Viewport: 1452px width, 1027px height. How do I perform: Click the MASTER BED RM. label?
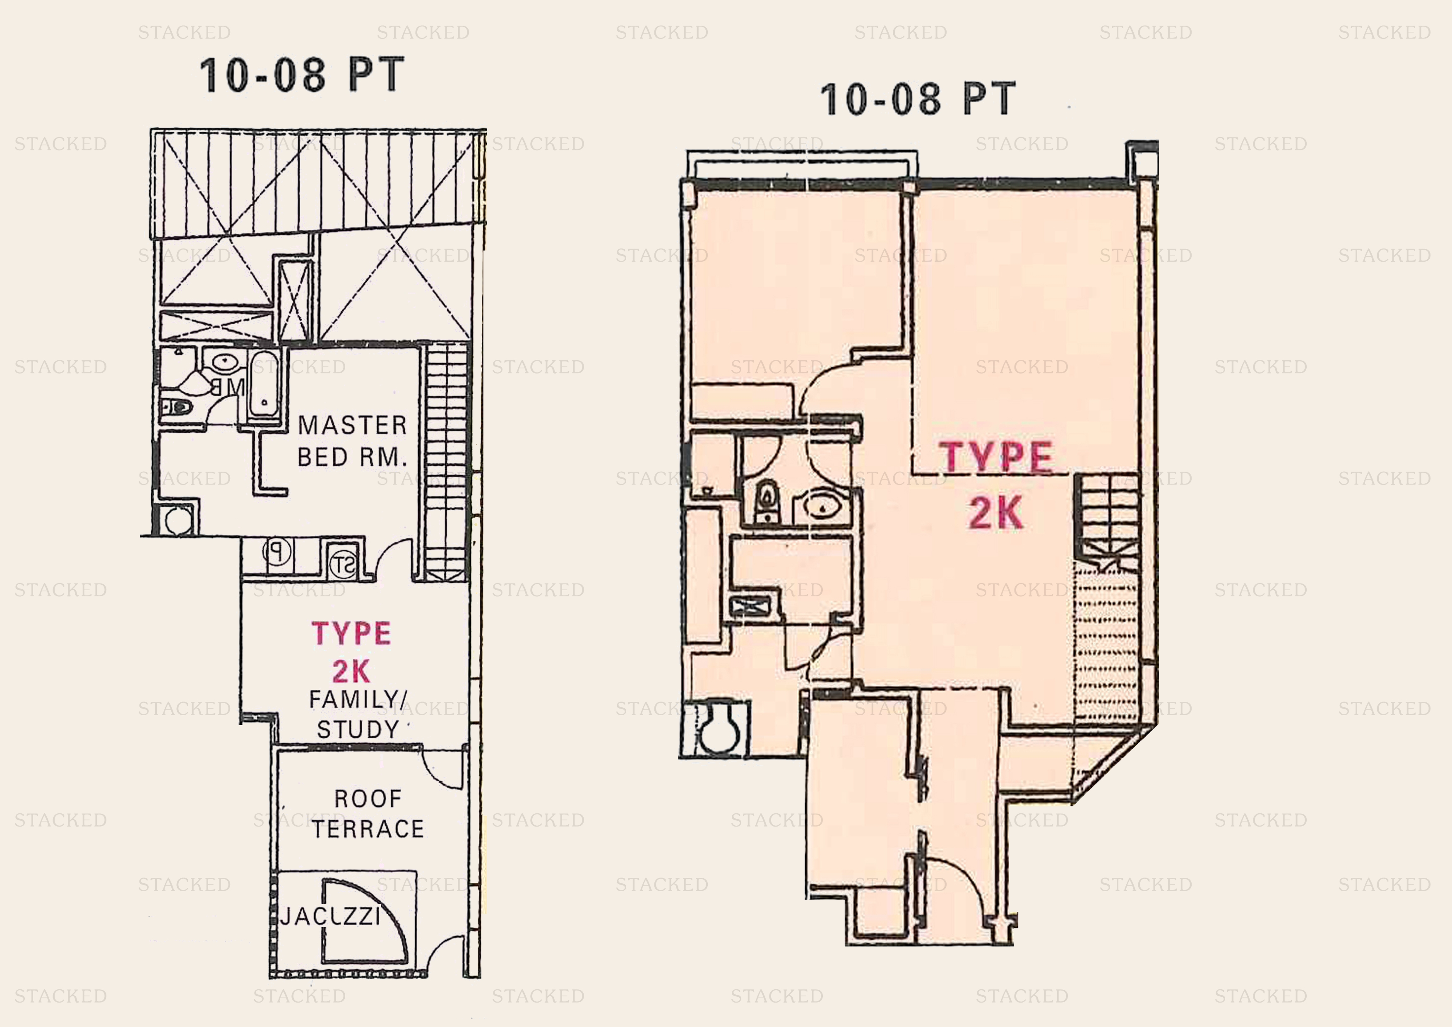click(x=352, y=441)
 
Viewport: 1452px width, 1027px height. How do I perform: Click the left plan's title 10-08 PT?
click(x=302, y=75)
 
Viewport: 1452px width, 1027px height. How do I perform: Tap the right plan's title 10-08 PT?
click(x=918, y=99)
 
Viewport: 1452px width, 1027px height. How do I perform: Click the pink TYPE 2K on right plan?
click(x=996, y=484)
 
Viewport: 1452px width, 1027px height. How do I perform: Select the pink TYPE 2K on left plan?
click(x=351, y=652)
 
